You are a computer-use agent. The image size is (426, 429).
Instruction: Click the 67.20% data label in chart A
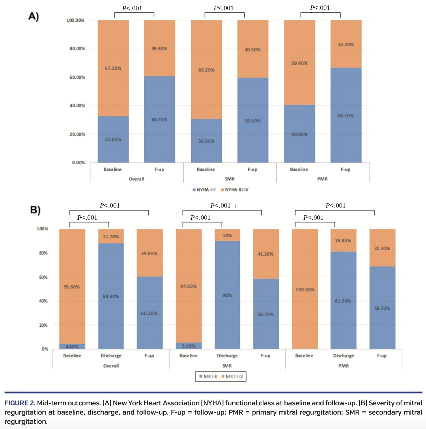(x=113, y=68)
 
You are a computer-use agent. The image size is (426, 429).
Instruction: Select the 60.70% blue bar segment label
(x=159, y=120)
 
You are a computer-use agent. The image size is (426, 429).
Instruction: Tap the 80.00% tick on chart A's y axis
(x=77, y=48)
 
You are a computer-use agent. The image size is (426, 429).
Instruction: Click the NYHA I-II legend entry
(x=204, y=190)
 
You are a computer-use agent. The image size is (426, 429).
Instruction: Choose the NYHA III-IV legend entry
(x=235, y=190)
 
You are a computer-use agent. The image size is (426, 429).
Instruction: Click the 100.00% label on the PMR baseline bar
(x=305, y=289)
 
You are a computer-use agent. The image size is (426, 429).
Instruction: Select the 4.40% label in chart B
(x=72, y=347)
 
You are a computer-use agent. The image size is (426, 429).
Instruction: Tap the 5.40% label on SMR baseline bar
(x=188, y=346)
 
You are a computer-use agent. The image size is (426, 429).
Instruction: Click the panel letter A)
(x=33, y=16)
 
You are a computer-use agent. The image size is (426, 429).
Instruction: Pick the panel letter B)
(x=35, y=210)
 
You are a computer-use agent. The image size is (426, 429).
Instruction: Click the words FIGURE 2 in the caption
(x=20, y=403)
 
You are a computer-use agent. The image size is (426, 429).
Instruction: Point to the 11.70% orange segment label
(x=111, y=236)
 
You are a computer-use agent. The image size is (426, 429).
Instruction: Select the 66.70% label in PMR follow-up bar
(x=346, y=116)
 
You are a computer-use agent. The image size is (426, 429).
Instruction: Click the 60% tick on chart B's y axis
(x=43, y=277)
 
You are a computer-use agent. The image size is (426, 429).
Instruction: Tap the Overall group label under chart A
(x=136, y=179)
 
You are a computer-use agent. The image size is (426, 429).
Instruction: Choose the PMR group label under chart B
(x=343, y=366)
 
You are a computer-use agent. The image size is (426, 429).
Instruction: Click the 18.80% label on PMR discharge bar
(x=343, y=240)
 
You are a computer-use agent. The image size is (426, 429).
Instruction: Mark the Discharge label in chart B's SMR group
(x=227, y=355)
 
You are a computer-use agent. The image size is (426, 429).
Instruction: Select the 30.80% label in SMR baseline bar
(x=206, y=141)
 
